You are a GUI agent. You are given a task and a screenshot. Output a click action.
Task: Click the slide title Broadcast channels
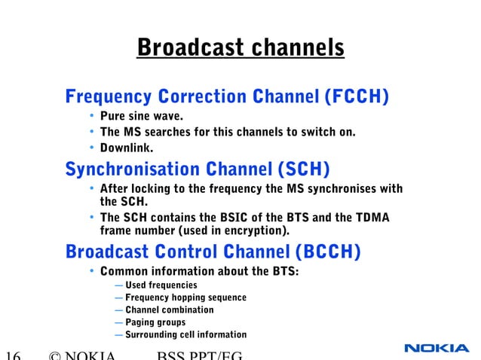coord(240,48)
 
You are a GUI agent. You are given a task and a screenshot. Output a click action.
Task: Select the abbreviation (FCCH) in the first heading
coord(356,97)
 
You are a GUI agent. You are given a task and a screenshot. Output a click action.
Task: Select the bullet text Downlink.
coord(127,147)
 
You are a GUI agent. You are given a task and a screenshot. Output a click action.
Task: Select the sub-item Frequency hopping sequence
coord(185,297)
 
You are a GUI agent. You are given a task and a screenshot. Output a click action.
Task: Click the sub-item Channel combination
coord(170,310)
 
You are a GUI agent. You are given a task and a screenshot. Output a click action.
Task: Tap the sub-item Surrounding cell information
coord(185,334)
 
